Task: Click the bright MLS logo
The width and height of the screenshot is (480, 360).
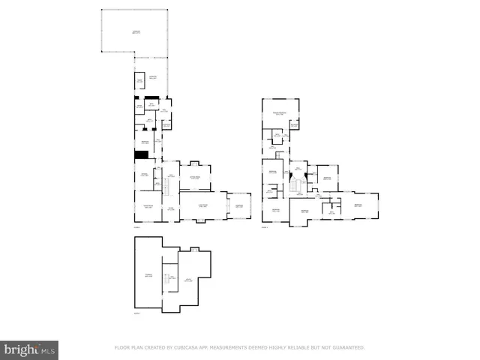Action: [x=30, y=349]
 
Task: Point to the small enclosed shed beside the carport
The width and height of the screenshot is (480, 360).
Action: [x=139, y=81]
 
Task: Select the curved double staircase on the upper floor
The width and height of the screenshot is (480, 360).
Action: [x=299, y=184]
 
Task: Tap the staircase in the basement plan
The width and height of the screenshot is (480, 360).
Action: [x=171, y=281]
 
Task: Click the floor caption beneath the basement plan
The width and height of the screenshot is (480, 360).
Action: [x=136, y=313]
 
